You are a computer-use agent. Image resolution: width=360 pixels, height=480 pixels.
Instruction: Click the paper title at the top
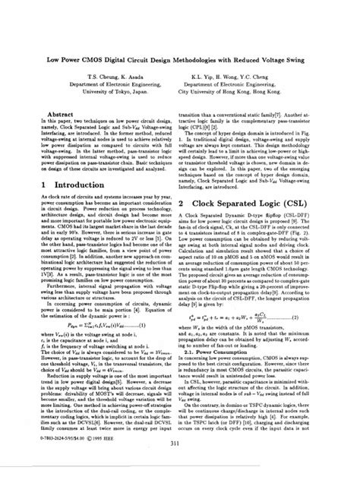180,58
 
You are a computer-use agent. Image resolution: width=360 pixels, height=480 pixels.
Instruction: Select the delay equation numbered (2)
258,314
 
